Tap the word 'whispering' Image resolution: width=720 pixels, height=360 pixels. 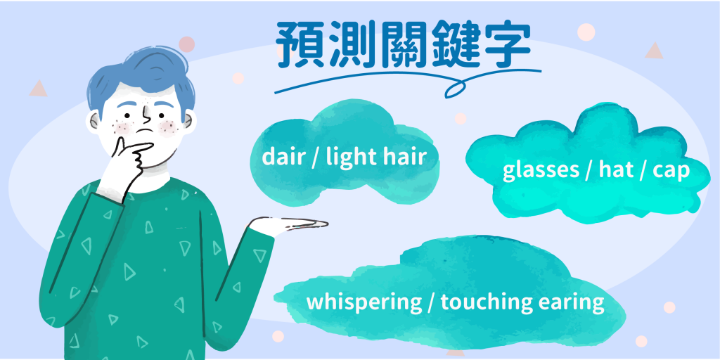[363, 302]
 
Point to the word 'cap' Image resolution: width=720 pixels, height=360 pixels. [671, 171]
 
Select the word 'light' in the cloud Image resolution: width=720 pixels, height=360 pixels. [354, 156]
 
